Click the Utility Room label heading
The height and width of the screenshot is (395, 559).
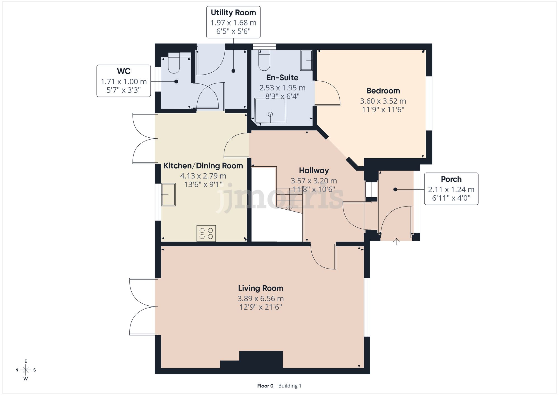point(233,13)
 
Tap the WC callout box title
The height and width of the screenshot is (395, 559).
point(124,71)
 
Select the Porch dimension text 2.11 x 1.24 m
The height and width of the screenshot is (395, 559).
point(451,190)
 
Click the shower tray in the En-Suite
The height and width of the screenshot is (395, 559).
point(270,111)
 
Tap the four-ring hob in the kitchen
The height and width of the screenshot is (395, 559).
point(206,233)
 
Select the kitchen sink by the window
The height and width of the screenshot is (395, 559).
point(168,195)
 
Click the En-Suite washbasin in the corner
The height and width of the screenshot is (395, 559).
point(306,60)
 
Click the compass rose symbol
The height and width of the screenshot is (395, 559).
point(26,370)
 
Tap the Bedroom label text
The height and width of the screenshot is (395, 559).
point(383,91)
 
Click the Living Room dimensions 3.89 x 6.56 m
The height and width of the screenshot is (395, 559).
point(260,298)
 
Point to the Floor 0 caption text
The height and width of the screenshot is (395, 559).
point(265,386)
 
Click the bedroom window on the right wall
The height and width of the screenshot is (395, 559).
point(429,103)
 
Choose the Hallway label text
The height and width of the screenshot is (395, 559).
point(314,170)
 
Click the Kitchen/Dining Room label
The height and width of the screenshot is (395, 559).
point(203,166)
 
